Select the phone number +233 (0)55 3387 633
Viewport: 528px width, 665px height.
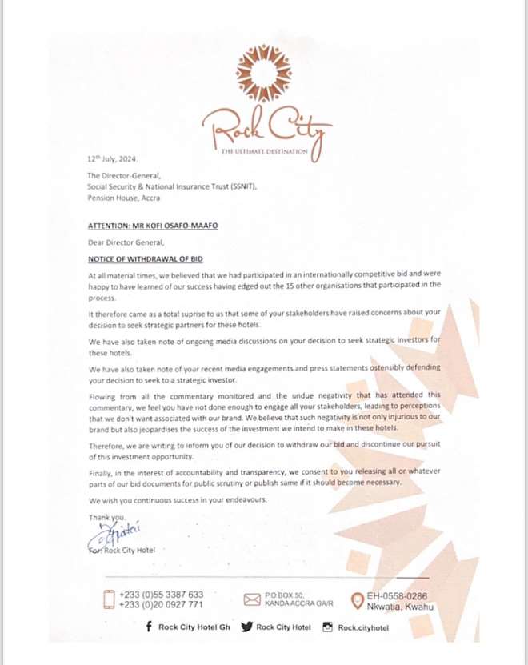pos(162,595)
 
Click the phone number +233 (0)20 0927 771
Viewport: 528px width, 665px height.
pos(162,606)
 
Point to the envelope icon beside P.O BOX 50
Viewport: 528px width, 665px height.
pos(252,599)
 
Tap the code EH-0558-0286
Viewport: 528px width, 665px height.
pos(398,595)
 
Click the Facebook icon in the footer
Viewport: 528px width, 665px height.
pos(149,627)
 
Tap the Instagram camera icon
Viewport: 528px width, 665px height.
pos(326,627)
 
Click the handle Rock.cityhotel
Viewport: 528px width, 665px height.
pos(364,627)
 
